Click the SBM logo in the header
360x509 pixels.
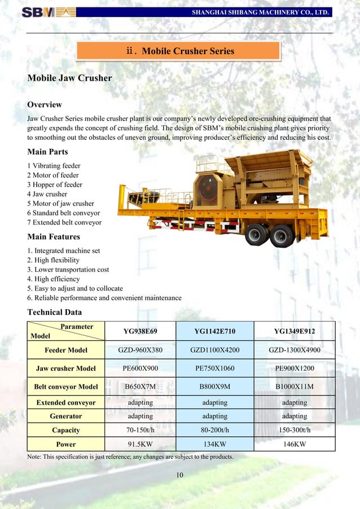[x=49, y=11]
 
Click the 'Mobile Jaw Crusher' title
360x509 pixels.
[x=69, y=78]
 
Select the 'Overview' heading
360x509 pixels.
[x=45, y=104]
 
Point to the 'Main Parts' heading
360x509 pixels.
[x=47, y=152]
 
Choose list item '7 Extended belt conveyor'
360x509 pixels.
[x=64, y=222]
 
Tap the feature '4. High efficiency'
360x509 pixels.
[x=54, y=279]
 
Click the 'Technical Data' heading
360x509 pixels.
[x=55, y=312]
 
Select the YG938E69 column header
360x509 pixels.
[x=140, y=331]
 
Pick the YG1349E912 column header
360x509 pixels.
[x=295, y=331]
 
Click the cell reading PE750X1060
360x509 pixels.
[x=214, y=368]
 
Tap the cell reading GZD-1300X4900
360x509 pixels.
[x=295, y=350]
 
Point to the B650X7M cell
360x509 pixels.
[x=140, y=387]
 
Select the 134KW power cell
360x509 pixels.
[x=214, y=444]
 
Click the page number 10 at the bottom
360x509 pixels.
[x=179, y=475]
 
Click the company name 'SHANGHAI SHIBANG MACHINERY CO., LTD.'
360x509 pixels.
[x=260, y=12]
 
